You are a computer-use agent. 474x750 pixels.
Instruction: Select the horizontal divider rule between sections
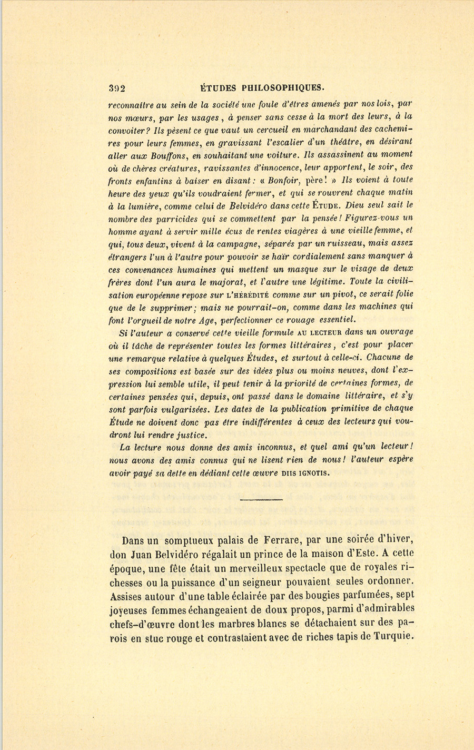[261, 499]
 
